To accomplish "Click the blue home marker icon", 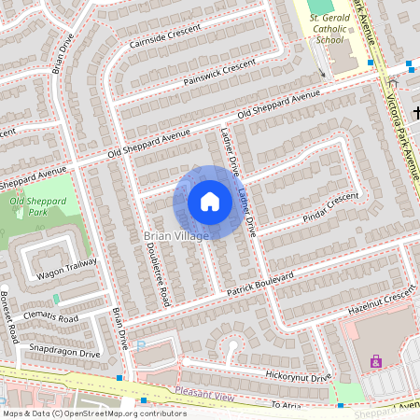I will (x=210, y=202).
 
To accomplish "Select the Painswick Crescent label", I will (x=219, y=71).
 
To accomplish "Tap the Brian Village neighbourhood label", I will (x=176, y=236).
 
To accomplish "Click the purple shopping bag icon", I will (x=376, y=361).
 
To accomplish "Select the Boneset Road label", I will (x=10, y=316).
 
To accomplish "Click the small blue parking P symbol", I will (x=140, y=344).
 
